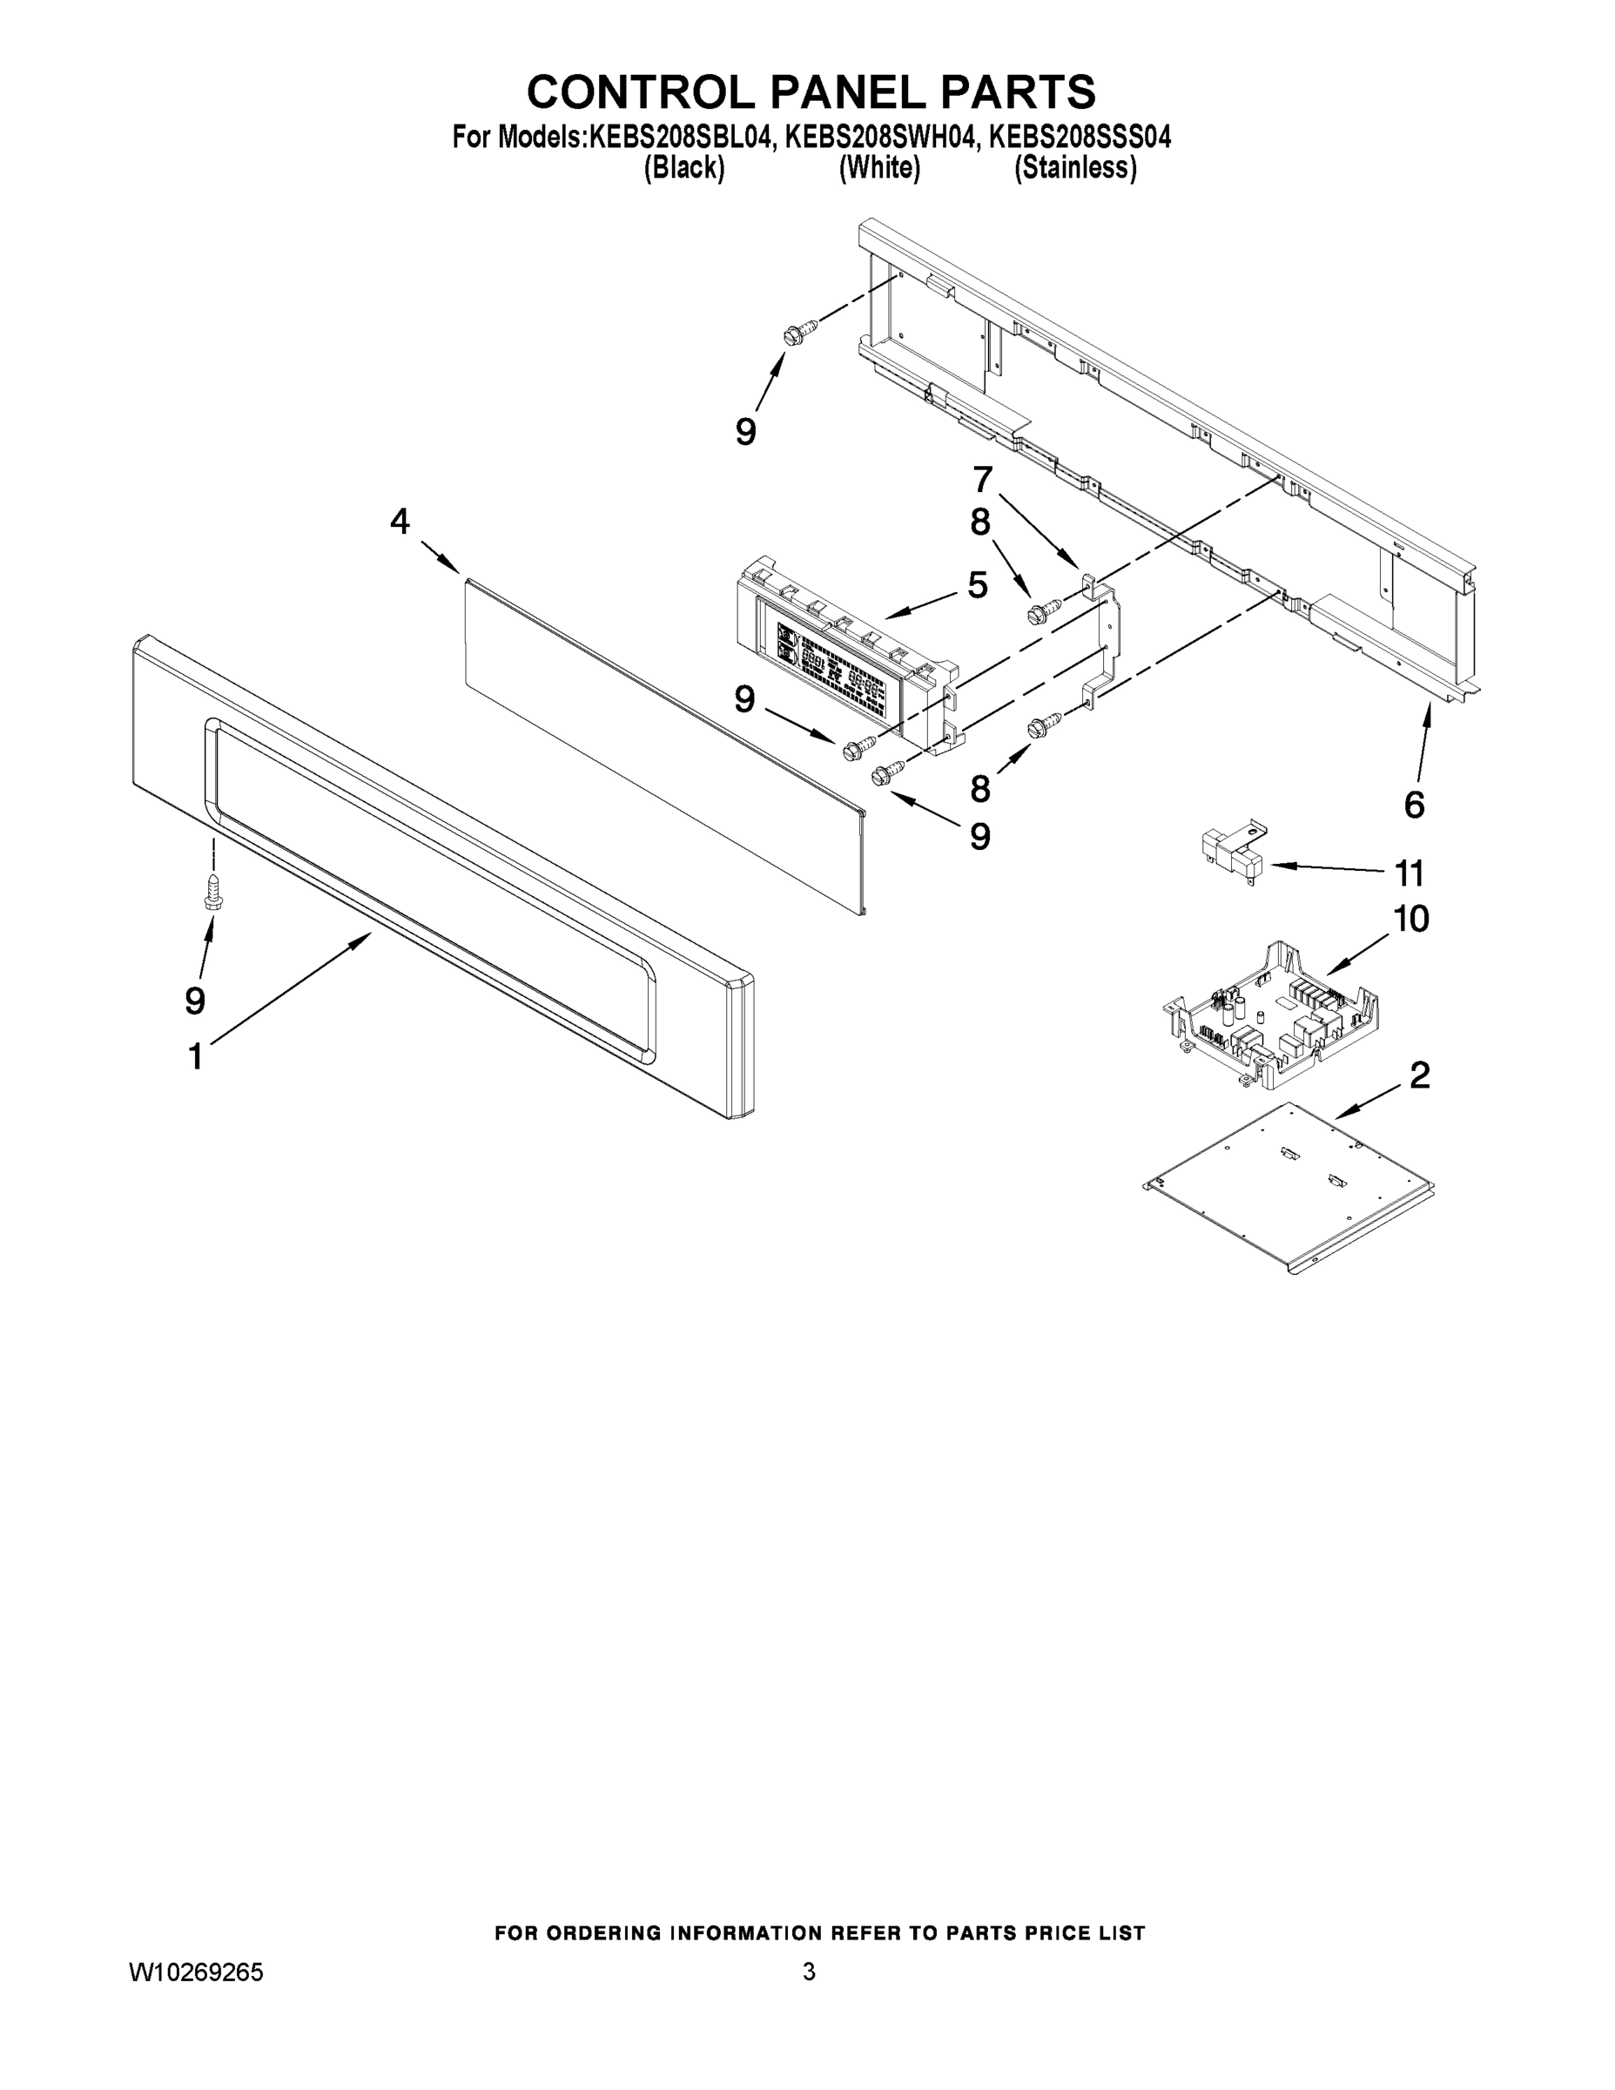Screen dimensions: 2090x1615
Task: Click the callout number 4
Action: tap(400, 522)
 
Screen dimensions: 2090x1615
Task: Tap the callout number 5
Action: tap(977, 584)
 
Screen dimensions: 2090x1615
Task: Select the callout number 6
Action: tap(1414, 805)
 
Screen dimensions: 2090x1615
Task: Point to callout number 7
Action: tap(983, 477)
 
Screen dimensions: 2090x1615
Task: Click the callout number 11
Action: tap(1410, 873)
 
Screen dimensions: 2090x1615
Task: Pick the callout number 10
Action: tap(1411, 919)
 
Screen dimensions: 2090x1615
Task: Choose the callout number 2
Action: tap(1420, 1075)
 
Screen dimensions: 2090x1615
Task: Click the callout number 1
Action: tap(195, 1057)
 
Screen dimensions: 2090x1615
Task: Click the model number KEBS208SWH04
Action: tap(880, 138)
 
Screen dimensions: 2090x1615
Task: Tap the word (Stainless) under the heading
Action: tap(1075, 168)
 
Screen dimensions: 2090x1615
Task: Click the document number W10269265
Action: tap(196, 1972)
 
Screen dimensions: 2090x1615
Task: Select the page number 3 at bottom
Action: tap(809, 1972)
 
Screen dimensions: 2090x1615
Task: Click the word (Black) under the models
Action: tap(684, 168)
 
